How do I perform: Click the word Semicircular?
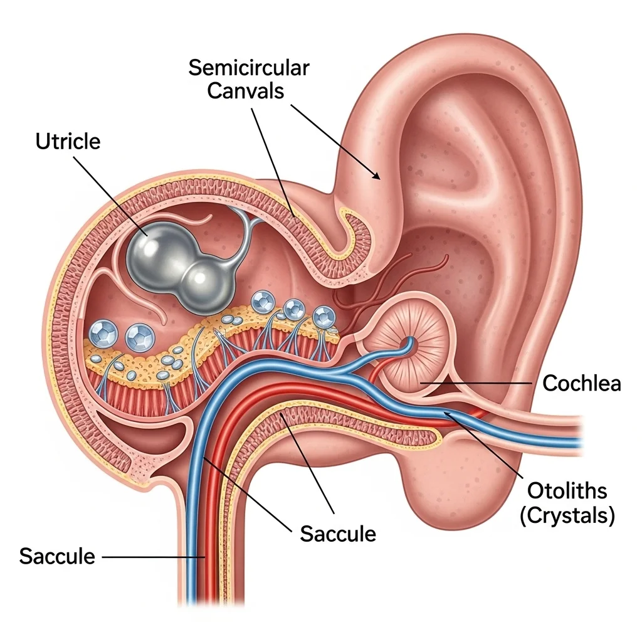point(248,68)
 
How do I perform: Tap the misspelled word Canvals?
point(245,91)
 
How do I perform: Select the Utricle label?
point(68,142)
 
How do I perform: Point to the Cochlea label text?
point(581,384)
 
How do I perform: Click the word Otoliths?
point(567,490)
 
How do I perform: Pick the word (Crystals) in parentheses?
point(567,515)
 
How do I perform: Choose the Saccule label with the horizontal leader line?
point(57,556)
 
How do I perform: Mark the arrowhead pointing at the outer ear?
point(376,176)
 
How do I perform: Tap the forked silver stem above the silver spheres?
point(246,229)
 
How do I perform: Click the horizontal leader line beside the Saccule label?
point(154,557)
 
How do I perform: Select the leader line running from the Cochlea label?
point(476,383)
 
